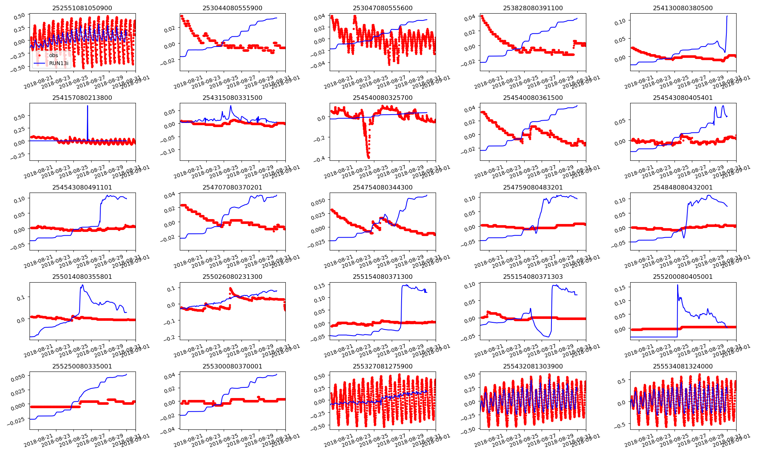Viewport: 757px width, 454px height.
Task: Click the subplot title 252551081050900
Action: click(x=82, y=8)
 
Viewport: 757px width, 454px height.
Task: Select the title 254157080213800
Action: click(x=82, y=98)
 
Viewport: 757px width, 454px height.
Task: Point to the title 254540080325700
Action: click(x=383, y=98)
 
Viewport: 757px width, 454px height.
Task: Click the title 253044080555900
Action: click(x=232, y=8)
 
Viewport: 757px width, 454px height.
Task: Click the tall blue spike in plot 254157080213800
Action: click(x=87, y=106)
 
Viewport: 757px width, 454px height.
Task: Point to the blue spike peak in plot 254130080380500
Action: click(x=727, y=16)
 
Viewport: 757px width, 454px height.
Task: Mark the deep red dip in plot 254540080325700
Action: click(x=368, y=157)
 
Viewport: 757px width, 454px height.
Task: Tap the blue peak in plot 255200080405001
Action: click(x=677, y=285)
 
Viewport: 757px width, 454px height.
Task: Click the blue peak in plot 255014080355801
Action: click(x=82, y=286)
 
